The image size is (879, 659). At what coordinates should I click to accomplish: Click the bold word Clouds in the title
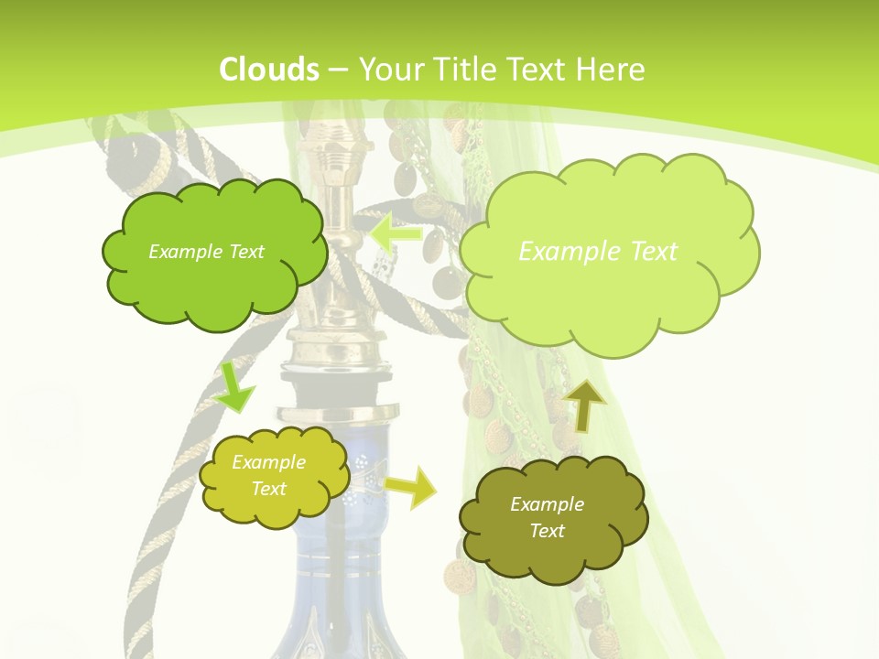(269, 69)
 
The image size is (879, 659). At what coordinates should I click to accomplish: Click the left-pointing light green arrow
(396, 233)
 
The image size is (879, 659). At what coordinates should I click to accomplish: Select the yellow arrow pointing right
(410, 487)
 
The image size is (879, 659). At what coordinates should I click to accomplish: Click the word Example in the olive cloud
(547, 504)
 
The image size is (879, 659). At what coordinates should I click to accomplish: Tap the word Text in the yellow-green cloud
(268, 489)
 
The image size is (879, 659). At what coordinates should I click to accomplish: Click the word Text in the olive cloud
(547, 531)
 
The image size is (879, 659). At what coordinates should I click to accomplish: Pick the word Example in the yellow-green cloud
(268, 462)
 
